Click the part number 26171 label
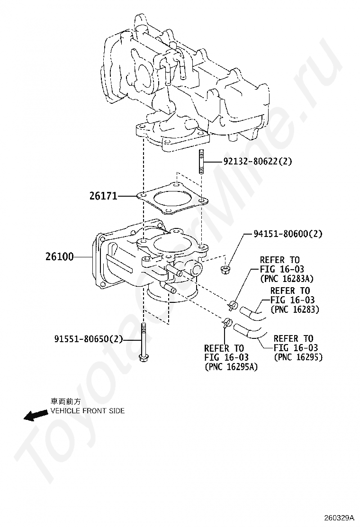coord(103,196)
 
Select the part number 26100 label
coord(59,257)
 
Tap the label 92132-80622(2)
coord(258,162)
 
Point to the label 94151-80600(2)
coord(288,233)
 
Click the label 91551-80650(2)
coord(89,339)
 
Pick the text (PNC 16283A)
coord(287,279)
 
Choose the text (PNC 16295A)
coord(231,367)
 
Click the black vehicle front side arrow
coord(36,416)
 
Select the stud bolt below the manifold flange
coord(202,161)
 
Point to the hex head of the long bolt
coord(144,358)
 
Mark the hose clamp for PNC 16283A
coord(232,305)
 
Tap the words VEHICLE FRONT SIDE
coord(87,411)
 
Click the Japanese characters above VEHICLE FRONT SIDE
coord(65,401)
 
